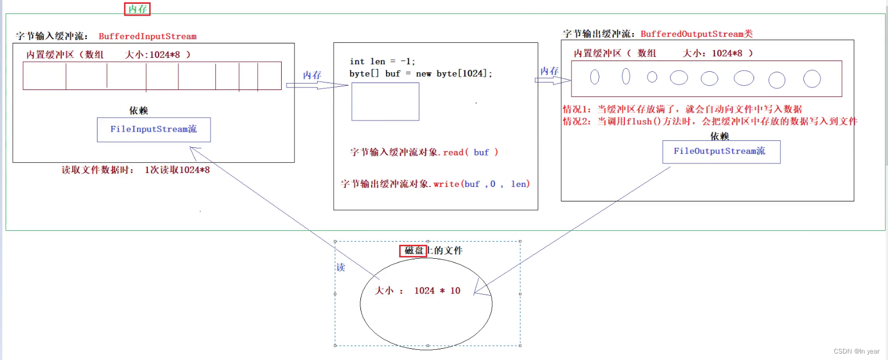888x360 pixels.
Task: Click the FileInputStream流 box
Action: coord(154,130)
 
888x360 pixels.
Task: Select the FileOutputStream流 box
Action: coord(721,152)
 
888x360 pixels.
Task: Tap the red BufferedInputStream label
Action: coord(147,36)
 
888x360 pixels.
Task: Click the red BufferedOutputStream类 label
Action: coord(696,34)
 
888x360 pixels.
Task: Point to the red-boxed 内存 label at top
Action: coord(138,9)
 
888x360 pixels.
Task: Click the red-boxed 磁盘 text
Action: coord(413,251)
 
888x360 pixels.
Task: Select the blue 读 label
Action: coord(341,267)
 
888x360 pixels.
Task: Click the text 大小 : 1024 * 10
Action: coord(417,290)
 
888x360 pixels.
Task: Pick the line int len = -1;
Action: coord(382,62)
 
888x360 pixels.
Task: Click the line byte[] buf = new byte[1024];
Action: coord(420,73)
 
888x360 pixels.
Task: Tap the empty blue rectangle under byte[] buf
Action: coord(385,102)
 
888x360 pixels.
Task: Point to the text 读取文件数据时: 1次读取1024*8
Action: coord(136,170)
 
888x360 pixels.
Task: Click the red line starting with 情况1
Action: coord(682,109)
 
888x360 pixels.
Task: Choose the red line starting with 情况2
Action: coord(710,122)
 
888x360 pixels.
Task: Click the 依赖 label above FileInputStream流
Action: coord(138,110)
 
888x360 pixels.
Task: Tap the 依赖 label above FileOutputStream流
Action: coord(719,136)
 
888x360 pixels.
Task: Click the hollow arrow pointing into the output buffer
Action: coord(553,80)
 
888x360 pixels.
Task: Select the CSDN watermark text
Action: coord(856,351)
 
